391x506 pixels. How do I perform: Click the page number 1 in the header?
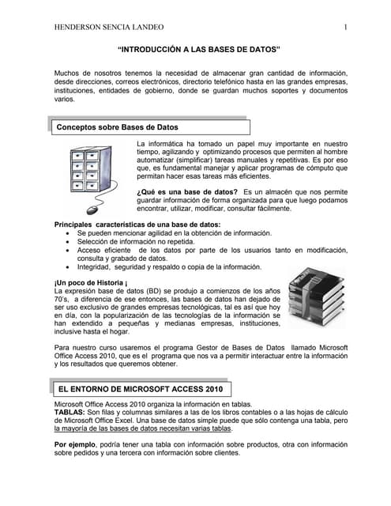(x=347, y=28)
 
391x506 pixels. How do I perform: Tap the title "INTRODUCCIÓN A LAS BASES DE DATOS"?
(x=199, y=49)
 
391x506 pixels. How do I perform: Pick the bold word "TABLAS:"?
(x=71, y=413)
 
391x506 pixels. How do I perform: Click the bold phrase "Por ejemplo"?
(x=76, y=445)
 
